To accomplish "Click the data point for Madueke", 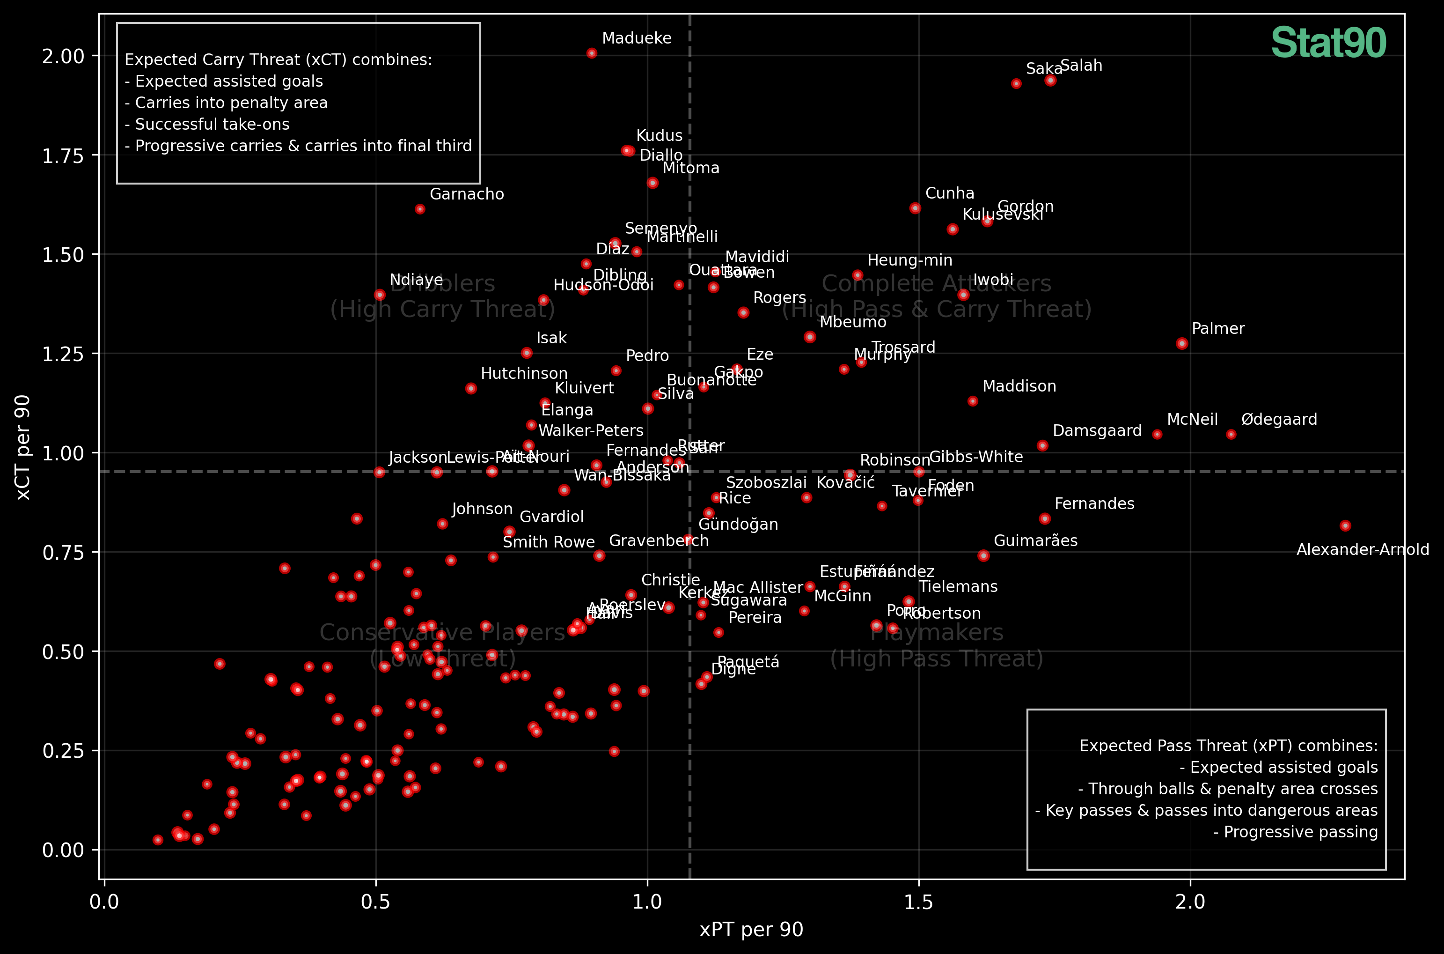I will (x=592, y=53).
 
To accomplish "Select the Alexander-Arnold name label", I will (x=1363, y=550).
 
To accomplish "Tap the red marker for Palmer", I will (x=1182, y=344).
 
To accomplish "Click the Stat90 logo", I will (x=1328, y=43).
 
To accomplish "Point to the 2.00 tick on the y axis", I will (x=63, y=56).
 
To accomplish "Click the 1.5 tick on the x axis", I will (x=918, y=902).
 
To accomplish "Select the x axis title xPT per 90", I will (x=751, y=930).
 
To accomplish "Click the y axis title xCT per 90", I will (x=23, y=448).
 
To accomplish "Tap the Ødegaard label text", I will (x=1279, y=420).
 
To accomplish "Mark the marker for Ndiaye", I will (x=380, y=295).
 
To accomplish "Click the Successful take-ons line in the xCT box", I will (x=207, y=125).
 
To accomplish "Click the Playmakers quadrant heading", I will (x=936, y=633).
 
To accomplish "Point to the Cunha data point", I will (x=915, y=208).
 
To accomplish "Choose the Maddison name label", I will (x=1019, y=386).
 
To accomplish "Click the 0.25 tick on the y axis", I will (x=63, y=751).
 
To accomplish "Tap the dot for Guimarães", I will (x=983, y=555).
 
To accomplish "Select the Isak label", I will (x=551, y=338).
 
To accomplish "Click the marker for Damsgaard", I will (x=1042, y=446).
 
